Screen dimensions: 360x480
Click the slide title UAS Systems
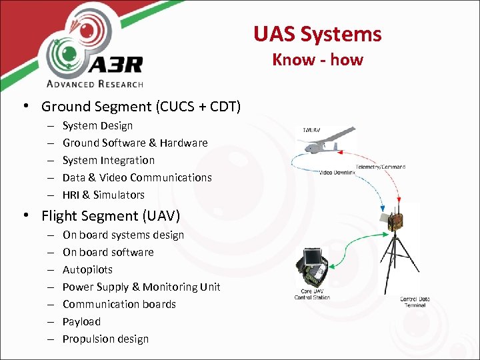coord(317,34)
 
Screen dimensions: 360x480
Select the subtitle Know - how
coord(317,59)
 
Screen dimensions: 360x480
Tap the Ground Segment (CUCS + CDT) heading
coord(141,107)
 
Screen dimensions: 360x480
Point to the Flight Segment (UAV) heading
coord(111,216)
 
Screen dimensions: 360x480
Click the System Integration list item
coord(108,160)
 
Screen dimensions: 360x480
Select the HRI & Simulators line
coord(103,195)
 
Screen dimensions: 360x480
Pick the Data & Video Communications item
coord(137,177)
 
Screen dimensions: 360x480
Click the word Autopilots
coord(87,269)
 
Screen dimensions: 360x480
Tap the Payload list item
coord(81,321)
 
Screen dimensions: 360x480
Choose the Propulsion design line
coord(105,339)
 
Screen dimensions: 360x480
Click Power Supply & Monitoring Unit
coord(141,287)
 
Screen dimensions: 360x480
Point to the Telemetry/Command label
coord(380,167)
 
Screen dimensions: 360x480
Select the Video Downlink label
coord(337,173)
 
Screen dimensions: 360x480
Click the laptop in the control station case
coord(312,261)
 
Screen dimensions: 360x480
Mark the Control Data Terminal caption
coord(414,301)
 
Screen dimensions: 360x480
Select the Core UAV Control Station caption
coord(312,295)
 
